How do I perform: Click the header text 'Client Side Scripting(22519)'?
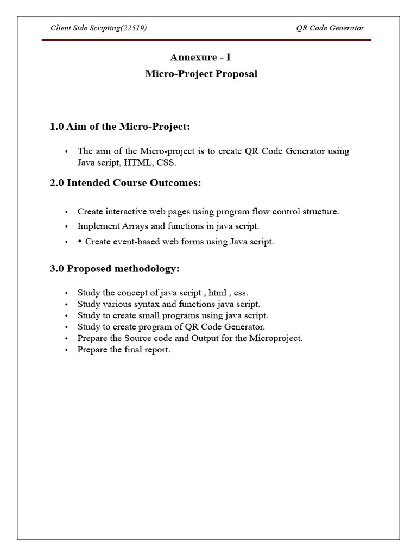pos(98,28)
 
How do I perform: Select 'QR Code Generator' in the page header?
pos(334,28)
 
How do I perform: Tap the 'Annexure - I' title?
pos(201,58)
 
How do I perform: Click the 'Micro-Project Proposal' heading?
pos(201,74)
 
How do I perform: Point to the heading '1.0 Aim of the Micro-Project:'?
pos(120,127)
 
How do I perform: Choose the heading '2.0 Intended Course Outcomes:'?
pos(125,183)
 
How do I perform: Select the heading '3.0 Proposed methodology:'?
pos(114,269)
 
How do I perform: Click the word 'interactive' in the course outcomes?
pos(123,212)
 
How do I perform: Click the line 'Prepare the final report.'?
pos(124,350)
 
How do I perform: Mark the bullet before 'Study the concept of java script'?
pos(66,293)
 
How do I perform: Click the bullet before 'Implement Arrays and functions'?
pos(66,226)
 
